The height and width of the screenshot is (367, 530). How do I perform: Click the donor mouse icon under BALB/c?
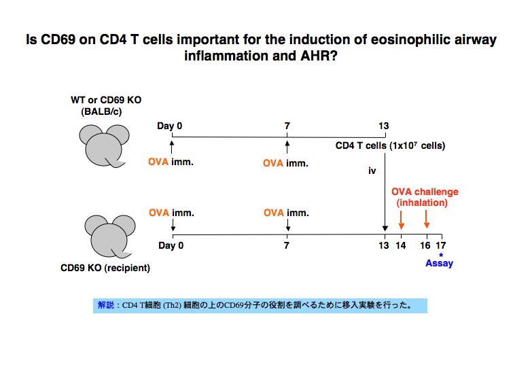(x=104, y=146)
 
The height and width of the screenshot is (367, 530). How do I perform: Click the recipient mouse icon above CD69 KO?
(x=110, y=237)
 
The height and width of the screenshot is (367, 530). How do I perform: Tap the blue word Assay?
(x=439, y=263)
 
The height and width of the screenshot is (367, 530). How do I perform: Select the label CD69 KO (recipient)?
(x=105, y=268)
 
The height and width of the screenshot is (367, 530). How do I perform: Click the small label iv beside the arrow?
(x=372, y=171)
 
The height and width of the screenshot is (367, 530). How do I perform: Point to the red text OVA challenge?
(x=425, y=192)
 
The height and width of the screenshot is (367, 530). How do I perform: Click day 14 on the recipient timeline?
(x=401, y=245)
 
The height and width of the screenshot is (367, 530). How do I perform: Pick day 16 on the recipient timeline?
(x=425, y=245)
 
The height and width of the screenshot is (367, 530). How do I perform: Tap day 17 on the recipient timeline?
(x=441, y=245)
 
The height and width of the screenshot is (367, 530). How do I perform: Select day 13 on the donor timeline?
(x=384, y=126)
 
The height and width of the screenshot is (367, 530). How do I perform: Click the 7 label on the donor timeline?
(x=287, y=126)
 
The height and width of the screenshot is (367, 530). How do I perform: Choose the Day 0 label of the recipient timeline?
(x=171, y=245)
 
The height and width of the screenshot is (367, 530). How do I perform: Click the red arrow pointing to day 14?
(x=401, y=220)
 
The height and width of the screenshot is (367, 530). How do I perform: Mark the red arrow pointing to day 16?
(x=427, y=220)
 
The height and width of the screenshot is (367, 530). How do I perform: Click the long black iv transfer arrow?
(x=385, y=192)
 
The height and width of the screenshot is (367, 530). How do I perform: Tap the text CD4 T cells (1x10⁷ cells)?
(x=391, y=145)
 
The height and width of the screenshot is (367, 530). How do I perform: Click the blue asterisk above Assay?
(x=441, y=255)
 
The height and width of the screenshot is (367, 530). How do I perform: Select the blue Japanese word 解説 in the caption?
(x=106, y=305)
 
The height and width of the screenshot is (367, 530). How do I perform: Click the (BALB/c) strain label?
(x=101, y=111)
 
